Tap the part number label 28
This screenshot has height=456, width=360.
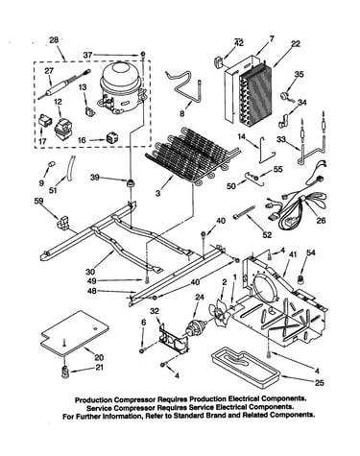click(54, 40)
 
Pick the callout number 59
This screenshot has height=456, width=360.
click(39, 201)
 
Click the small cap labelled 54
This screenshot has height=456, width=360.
click(300, 279)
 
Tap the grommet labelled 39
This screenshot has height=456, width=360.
click(131, 183)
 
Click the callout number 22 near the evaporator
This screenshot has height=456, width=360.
click(296, 43)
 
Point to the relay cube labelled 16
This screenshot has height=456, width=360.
click(110, 137)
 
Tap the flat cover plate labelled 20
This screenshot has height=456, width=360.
click(75, 333)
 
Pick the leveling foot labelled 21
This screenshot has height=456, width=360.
click(65, 372)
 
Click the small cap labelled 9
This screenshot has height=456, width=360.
click(51, 164)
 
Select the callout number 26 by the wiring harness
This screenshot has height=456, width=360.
click(321, 220)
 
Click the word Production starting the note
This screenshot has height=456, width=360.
click(93, 399)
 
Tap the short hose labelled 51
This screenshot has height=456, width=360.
click(70, 166)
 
